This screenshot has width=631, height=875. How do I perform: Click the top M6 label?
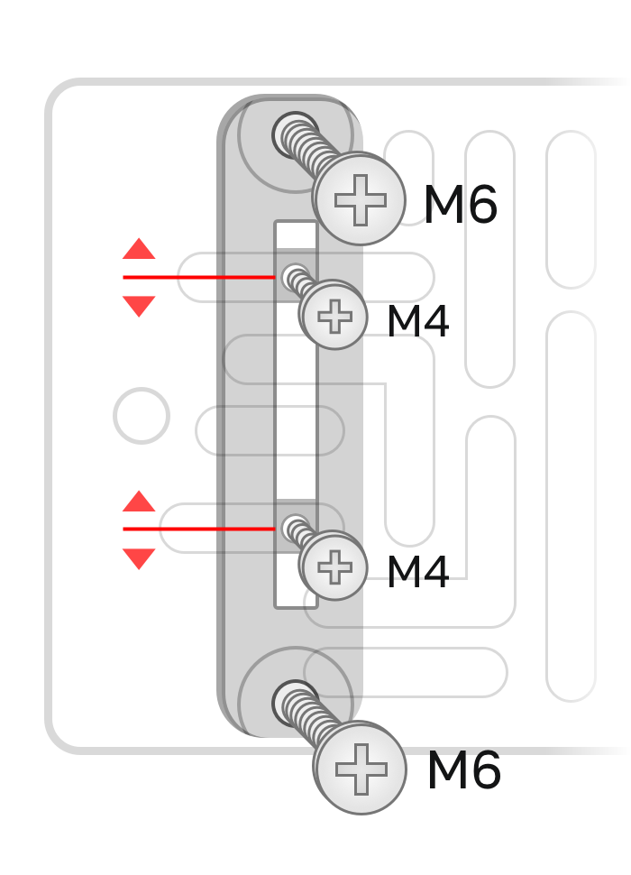pos(460,206)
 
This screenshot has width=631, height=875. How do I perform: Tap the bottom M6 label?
pos(463,772)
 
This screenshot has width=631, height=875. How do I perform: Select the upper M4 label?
pos(417,322)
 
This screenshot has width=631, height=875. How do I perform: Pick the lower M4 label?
pos(417,573)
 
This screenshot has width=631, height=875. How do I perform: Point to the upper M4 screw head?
pos(334,317)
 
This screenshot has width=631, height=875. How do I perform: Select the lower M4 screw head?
pos(334,568)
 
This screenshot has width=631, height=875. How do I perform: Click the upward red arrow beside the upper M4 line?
pos(139,250)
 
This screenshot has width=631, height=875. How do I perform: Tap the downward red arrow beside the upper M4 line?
pos(139,305)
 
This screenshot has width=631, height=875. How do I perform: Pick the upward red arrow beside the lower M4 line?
pos(139,502)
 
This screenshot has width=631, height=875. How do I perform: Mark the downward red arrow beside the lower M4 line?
pos(139,557)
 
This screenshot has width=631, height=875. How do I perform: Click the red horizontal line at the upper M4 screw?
pos(198,277)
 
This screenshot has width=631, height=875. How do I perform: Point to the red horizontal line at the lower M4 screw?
pos(198,528)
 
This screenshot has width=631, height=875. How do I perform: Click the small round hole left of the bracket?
pos(142,416)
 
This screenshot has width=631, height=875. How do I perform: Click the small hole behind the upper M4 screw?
pos(292,275)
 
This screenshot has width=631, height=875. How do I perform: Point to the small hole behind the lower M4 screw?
pos(292,526)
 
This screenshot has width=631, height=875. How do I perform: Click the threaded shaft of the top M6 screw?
pos(311,153)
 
